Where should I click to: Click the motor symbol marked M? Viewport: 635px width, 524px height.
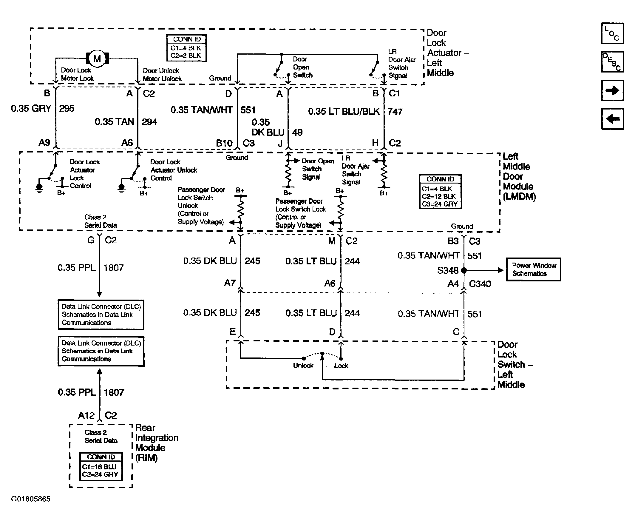tap(97, 58)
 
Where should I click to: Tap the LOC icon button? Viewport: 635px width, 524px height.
tap(612, 33)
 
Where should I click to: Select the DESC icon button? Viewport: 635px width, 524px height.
tap(612, 61)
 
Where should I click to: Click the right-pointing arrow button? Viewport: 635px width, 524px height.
tap(612, 90)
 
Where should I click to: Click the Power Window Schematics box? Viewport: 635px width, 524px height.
tap(533, 269)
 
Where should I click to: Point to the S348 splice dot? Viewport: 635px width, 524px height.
tap(464, 270)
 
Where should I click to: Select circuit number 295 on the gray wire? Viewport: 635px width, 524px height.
tap(67, 108)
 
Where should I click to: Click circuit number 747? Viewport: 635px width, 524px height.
tap(395, 112)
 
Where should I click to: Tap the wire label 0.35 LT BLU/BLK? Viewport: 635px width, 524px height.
tap(344, 111)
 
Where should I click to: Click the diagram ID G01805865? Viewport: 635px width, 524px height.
tap(31, 499)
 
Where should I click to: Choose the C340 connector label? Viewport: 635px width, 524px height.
tap(480, 284)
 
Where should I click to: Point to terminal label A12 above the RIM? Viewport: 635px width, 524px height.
tap(86, 415)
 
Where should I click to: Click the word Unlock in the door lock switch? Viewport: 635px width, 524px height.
tap(303, 366)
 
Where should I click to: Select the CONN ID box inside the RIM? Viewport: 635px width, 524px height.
tap(101, 466)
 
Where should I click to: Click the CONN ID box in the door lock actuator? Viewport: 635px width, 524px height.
tap(186, 48)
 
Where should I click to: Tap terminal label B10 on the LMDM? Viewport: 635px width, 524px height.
tap(224, 143)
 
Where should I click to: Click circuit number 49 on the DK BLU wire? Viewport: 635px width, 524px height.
tap(297, 132)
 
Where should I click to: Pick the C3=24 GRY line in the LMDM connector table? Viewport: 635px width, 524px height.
tap(440, 204)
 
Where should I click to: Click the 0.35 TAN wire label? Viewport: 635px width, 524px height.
tap(114, 122)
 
